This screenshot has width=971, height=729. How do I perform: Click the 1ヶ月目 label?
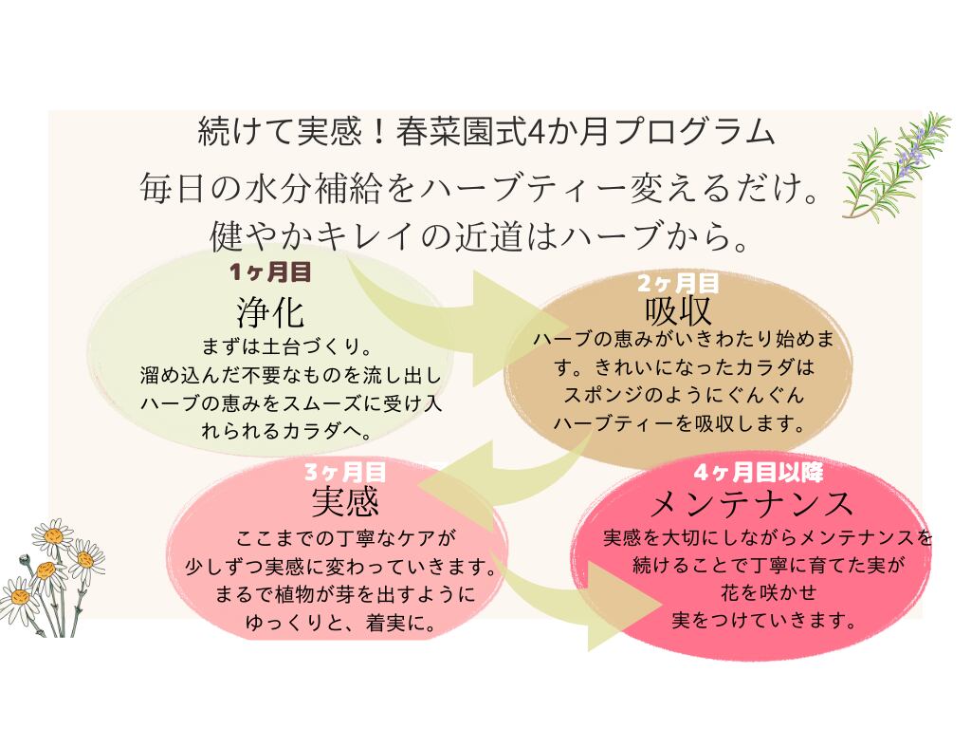270,272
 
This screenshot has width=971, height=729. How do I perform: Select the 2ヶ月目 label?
678,282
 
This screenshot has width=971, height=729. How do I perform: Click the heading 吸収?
678,310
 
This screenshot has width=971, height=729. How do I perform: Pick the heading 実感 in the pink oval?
345,500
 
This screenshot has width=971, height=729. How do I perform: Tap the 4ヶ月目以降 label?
757,472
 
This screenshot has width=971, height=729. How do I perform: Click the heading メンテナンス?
755,503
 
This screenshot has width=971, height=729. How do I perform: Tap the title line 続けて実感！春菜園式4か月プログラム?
485,132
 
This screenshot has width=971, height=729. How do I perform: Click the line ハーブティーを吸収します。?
679,424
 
